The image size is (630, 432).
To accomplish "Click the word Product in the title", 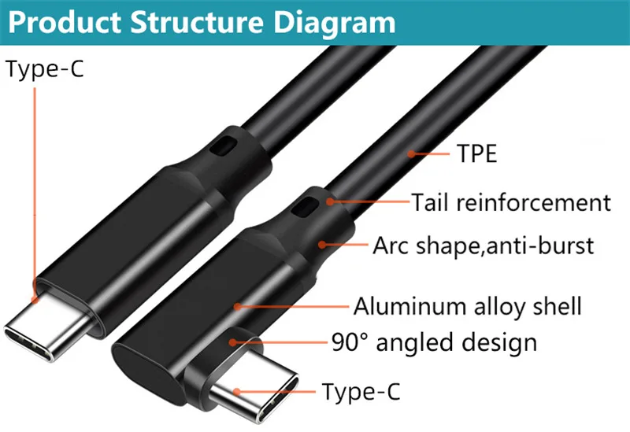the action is point(65,22).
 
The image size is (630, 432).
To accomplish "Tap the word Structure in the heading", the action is point(196,22).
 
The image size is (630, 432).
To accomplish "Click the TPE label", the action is point(477,153).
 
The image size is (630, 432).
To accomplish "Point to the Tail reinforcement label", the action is point(511,202).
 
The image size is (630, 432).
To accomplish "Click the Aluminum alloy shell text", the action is point(467,306).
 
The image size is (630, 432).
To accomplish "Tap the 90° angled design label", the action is point(435,342).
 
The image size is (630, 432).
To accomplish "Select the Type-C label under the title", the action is point(45,69).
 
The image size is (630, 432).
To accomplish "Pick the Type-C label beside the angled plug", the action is point(361,391).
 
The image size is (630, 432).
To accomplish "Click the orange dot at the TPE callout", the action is point(411,153).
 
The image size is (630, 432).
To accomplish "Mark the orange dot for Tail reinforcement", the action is point(330,201).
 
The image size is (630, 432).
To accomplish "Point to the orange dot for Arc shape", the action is point(322,244).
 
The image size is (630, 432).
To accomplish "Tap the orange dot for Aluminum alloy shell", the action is point(238,307).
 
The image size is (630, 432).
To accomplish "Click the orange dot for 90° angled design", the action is point(233,342).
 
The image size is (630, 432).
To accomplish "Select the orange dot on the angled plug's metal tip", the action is point(237,391).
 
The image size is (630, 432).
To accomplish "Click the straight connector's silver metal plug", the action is point(48,325).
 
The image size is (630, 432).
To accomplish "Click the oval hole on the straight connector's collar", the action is point(224,146).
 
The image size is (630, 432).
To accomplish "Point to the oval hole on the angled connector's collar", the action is point(304,207).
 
